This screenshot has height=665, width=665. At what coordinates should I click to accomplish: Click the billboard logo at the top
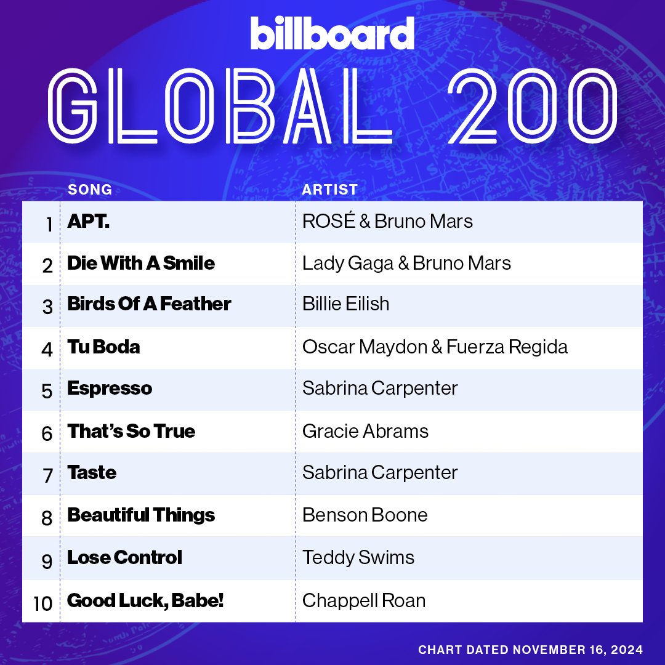332,33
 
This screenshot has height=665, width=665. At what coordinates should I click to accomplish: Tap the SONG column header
90,189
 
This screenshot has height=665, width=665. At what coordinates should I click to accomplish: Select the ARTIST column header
329,189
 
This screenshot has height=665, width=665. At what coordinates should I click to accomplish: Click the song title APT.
88,221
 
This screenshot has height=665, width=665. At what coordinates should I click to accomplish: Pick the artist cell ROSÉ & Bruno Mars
387,221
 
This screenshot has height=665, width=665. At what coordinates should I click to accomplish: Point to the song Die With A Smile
141,263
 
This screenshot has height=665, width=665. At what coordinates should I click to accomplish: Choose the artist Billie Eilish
345,304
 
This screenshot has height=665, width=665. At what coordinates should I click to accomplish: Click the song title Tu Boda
103,347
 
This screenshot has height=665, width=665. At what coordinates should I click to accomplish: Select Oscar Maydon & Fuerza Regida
435,347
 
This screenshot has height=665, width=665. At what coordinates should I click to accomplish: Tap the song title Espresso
110,389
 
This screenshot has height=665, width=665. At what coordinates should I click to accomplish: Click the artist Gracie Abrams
365,431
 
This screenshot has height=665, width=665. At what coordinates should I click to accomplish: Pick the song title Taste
92,472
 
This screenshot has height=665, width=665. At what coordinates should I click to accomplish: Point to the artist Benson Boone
365,515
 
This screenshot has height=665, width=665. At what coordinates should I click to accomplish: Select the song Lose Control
124,557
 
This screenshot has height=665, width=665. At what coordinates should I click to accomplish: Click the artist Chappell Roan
363,600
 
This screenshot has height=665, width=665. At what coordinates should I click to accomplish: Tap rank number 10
43,603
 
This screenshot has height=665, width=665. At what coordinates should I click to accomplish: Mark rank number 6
47,433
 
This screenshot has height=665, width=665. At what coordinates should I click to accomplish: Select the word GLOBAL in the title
220,106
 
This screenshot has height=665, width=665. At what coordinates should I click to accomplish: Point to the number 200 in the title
533,106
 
